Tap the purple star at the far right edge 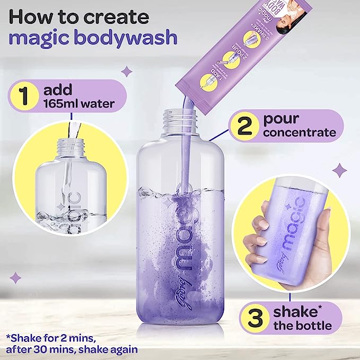click(x=340, y=170)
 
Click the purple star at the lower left click(x=16, y=277)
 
